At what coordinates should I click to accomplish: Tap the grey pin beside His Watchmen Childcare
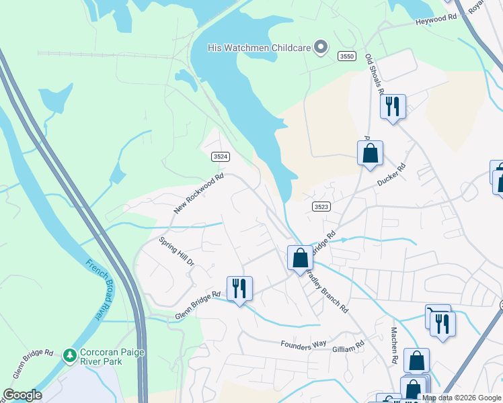[x=321, y=47]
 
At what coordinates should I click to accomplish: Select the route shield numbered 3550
[x=346, y=57]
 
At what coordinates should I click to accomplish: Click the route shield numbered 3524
[x=221, y=156]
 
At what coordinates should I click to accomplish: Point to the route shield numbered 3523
[x=321, y=208]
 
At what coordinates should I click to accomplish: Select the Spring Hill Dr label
[x=177, y=251]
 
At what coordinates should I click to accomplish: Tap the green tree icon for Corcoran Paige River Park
[x=69, y=355]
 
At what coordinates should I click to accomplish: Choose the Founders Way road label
[x=303, y=345]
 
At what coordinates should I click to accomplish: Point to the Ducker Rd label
[x=392, y=175]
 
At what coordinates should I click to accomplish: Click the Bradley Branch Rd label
[x=327, y=293]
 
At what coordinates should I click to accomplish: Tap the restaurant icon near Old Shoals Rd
[x=393, y=107]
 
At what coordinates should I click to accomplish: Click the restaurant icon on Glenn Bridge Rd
[x=239, y=289]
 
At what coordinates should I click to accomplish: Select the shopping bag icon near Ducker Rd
[x=370, y=153]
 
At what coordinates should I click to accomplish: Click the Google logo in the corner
[x=22, y=395]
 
